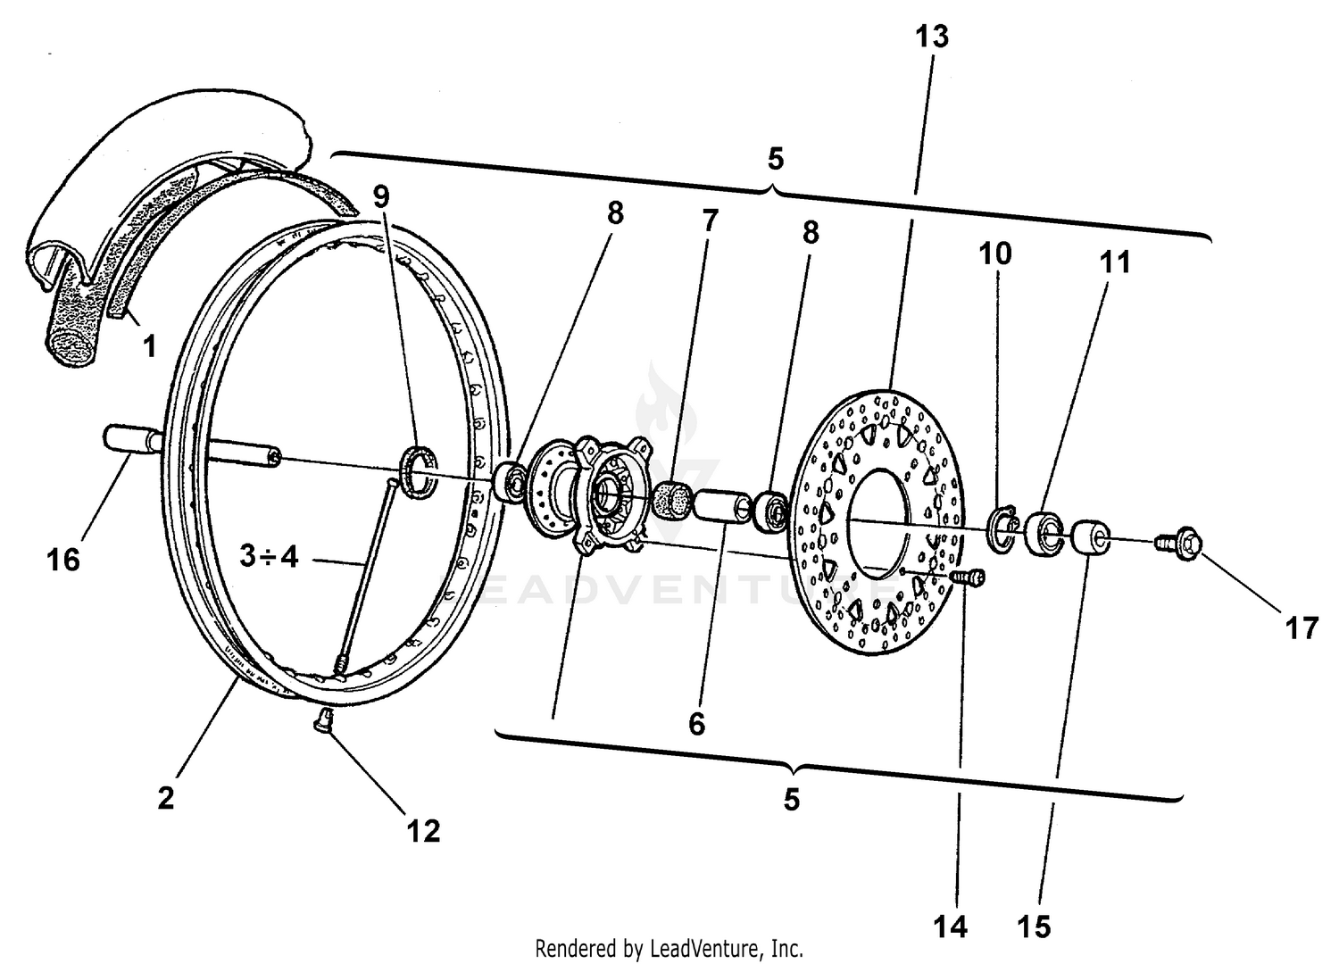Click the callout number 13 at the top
tap(932, 37)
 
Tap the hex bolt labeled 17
tap(1180, 542)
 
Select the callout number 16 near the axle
tap(64, 560)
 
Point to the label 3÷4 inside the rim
tap(269, 557)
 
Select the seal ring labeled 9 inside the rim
tap(420, 470)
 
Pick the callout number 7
tap(710, 220)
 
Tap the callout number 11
tap(1115, 262)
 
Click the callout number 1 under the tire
tap(150, 345)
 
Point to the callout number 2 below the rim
tap(166, 797)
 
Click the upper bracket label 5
tap(775, 160)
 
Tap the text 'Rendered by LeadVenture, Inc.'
tap(669, 947)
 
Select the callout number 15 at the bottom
tap(1035, 927)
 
